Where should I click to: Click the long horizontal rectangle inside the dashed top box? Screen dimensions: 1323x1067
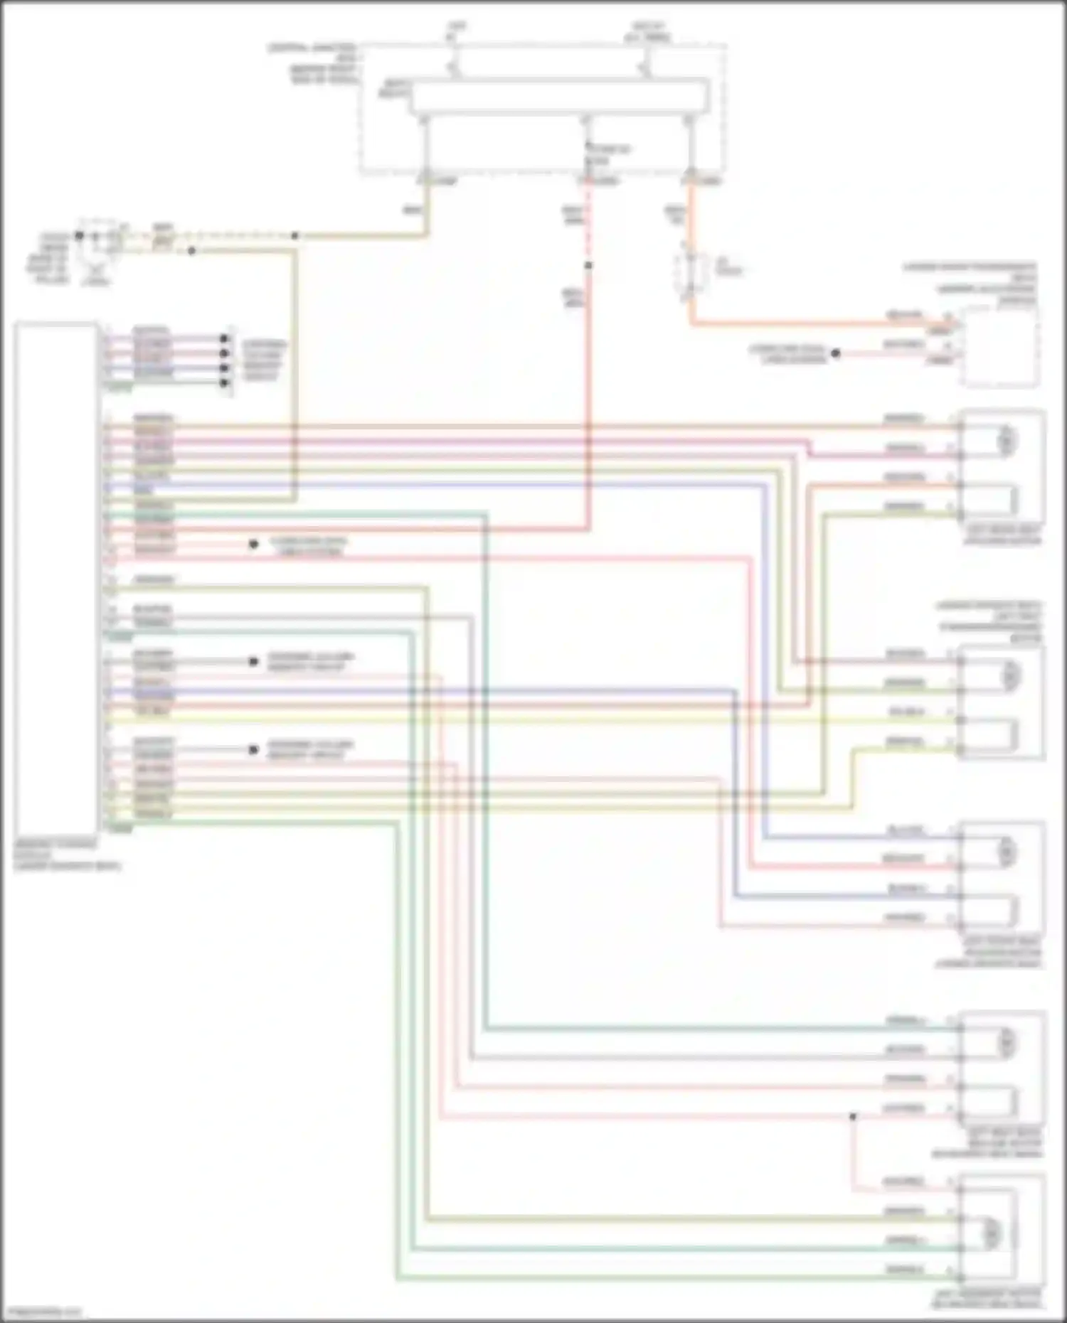pos(559,97)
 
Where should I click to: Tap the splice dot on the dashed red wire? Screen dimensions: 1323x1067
pos(588,266)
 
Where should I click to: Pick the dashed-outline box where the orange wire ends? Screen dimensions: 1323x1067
pos(999,347)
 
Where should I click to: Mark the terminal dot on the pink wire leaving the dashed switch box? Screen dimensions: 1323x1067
pos(836,353)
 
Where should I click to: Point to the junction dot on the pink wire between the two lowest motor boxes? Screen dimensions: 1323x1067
pos(853,1117)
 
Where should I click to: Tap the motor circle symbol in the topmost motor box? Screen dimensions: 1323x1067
pos(1007,441)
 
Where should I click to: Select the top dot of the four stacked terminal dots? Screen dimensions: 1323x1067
pos(225,338)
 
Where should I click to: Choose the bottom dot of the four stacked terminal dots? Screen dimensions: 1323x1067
pos(225,383)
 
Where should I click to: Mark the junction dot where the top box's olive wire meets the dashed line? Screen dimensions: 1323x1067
pos(294,235)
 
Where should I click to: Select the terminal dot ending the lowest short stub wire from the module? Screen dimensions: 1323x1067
pos(253,749)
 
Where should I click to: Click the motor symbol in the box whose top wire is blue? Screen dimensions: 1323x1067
pos(1007,852)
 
